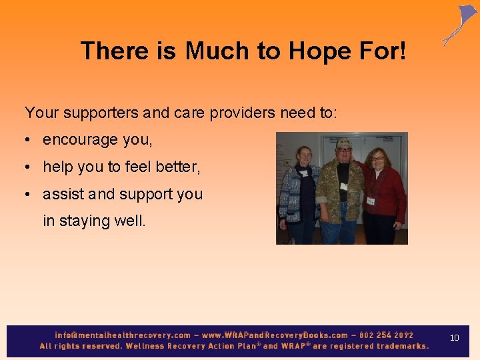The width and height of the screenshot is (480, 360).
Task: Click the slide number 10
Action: coord(455,338)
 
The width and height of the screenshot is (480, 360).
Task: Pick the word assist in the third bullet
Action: coord(63,194)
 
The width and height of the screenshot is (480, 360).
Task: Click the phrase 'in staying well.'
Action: coord(94,221)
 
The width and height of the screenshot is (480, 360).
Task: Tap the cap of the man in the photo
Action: coord(344,143)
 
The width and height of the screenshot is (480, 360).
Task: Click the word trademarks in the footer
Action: coord(403,346)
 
